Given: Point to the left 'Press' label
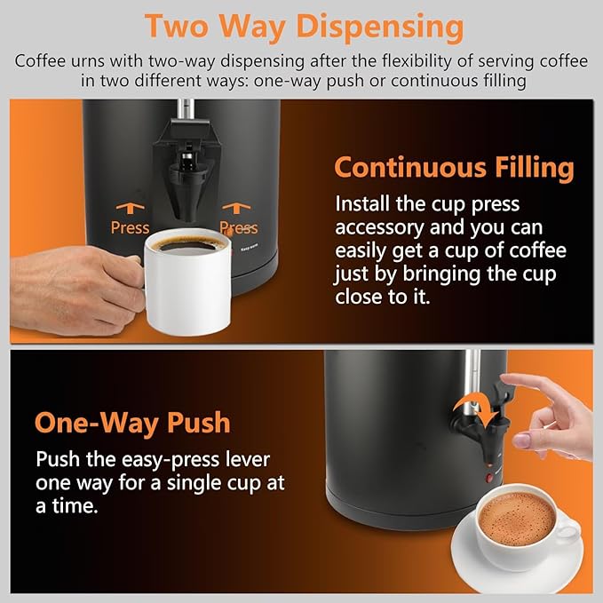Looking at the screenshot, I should [130, 228].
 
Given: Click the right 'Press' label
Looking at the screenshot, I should [238, 228].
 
